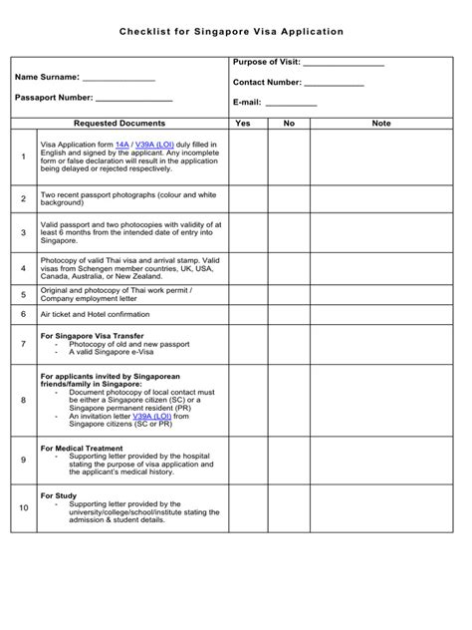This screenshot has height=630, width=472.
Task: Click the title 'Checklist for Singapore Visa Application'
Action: pyautogui.click(x=232, y=32)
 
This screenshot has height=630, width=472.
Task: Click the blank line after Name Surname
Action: pyautogui.click(x=118, y=78)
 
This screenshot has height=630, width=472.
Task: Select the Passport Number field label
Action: pyautogui.click(x=54, y=98)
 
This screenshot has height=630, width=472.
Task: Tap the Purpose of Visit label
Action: pyautogui.click(x=265, y=63)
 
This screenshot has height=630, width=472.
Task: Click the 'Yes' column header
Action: pyautogui.click(x=242, y=124)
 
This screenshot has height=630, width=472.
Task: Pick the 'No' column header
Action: pyautogui.click(x=289, y=124)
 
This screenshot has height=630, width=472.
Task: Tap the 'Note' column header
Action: pyautogui.click(x=380, y=124)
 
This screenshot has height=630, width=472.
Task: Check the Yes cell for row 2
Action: pyautogui.click(x=242, y=198)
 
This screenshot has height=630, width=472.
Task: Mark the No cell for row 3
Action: pyautogui.click(x=289, y=232)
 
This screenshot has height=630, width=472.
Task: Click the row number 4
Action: pyautogui.click(x=24, y=268)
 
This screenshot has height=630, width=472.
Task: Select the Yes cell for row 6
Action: pyautogui.click(x=242, y=313)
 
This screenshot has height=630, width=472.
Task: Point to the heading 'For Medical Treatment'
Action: pyautogui.click(x=82, y=449)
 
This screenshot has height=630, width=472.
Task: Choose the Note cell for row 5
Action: pyautogui.click(x=380, y=294)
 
